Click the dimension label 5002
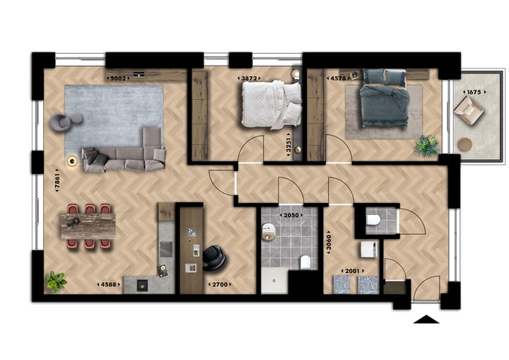pyautogui.click(x=119, y=79)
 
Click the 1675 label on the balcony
pyautogui.click(x=473, y=92)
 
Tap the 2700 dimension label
pyautogui.click(x=220, y=284)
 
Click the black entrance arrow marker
pyautogui.click(x=426, y=319)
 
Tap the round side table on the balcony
pyautogui.click(x=465, y=144)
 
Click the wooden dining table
pyautogui.click(x=88, y=226)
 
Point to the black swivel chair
pyautogui.click(x=213, y=259)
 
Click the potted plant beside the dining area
pyautogui.click(x=56, y=281)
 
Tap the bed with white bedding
pyautogui.click(x=271, y=104)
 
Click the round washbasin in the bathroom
pyautogui.click(x=268, y=230)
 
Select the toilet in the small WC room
pyautogui.click(x=374, y=221)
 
